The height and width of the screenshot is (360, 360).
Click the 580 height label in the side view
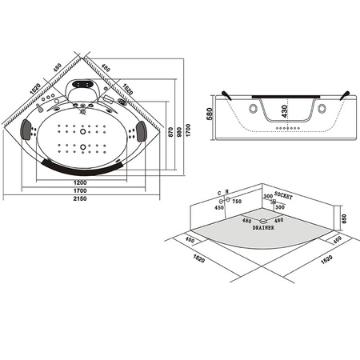coord(210,114)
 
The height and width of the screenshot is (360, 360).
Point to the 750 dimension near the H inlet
coord(237,201)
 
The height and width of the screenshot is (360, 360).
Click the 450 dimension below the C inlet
coord(218,208)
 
